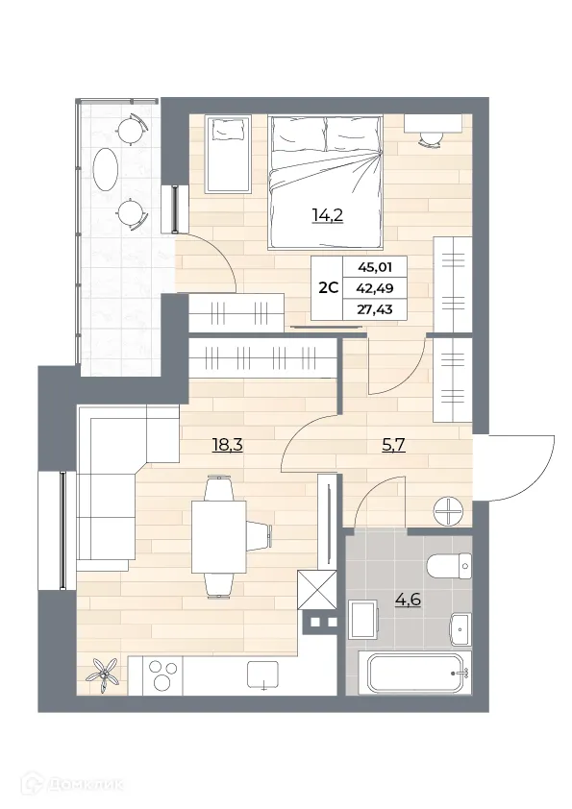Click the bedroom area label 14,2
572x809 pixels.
[x=328, y=214]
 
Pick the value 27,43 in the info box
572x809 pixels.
[x=381, y=309]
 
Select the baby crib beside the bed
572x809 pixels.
[x=229, y=153]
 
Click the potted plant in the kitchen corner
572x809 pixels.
[x=103, y=673]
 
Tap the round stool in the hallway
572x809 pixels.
[x=449, y=510]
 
